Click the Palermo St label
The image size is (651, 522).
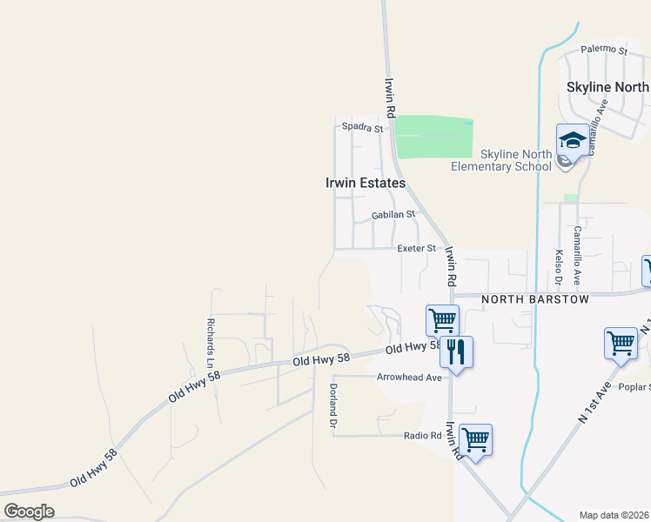(604, 50)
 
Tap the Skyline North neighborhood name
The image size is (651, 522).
(607, 87)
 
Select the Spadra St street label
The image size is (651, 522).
(362, 128)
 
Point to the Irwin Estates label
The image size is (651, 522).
(366, 184)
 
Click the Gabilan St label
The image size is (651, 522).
(393, 214)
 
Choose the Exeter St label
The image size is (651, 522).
(416, 249)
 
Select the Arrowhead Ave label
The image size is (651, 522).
(409, 378)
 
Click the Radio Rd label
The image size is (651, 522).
(423, 435)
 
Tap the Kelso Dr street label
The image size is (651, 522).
(558, 269)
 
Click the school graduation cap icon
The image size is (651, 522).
(572, 139)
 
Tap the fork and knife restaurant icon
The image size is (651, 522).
(456, 351)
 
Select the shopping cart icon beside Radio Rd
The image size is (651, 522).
(475, 439)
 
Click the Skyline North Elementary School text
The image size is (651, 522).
(501, 160)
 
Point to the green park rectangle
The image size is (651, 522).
(433, 137)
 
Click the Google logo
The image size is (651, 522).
(29, 512)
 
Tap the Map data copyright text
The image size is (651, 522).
(614, 515)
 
